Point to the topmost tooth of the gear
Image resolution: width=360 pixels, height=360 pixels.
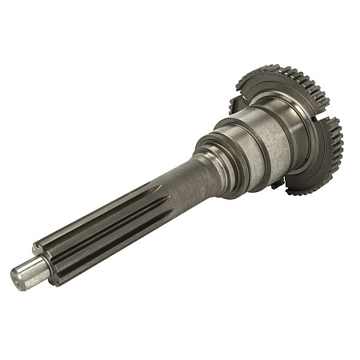pos(264,67)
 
